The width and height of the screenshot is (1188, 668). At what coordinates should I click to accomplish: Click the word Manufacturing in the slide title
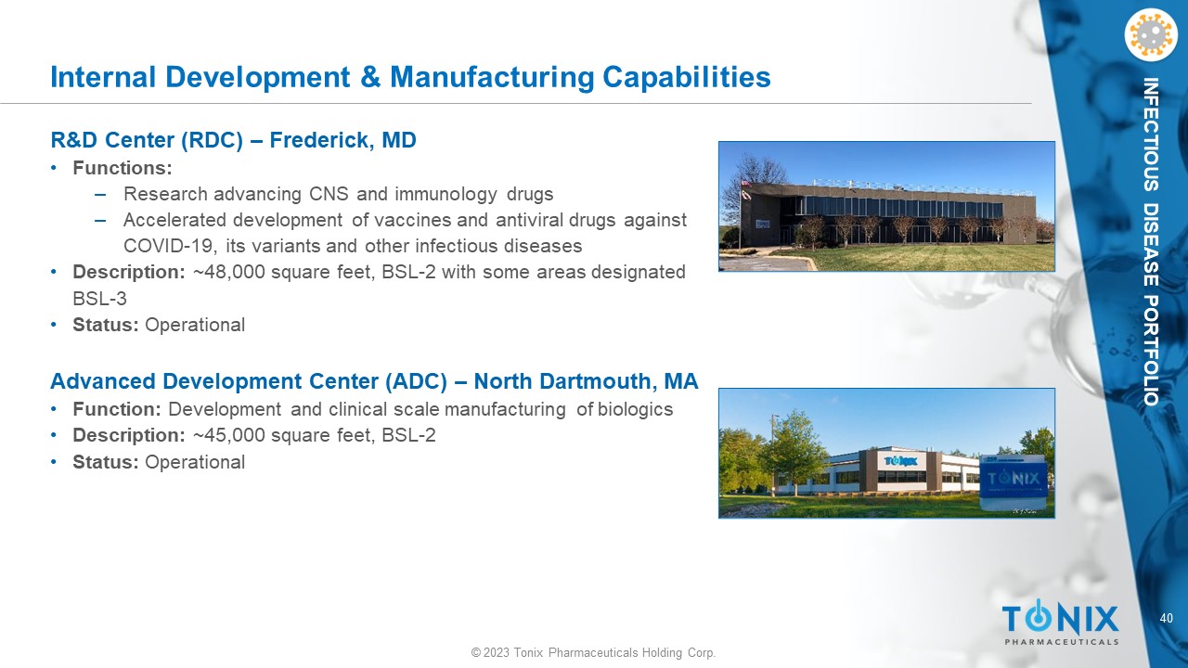point(492,77)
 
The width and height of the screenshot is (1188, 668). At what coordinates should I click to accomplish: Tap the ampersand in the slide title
point(370,77)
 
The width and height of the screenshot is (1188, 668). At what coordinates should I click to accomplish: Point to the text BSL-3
point(99,299)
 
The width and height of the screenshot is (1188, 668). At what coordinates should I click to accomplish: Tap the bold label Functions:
point(123,168)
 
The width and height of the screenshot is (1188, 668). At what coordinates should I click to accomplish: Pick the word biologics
point(636,409)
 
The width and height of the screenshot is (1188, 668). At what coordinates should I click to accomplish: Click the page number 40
point(1167,618)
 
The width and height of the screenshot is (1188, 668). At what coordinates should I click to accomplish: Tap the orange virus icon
point(1151,35)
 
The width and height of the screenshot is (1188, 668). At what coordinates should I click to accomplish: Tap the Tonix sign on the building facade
point(900,461)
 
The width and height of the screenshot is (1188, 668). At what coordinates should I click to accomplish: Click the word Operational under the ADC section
point(195,462)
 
